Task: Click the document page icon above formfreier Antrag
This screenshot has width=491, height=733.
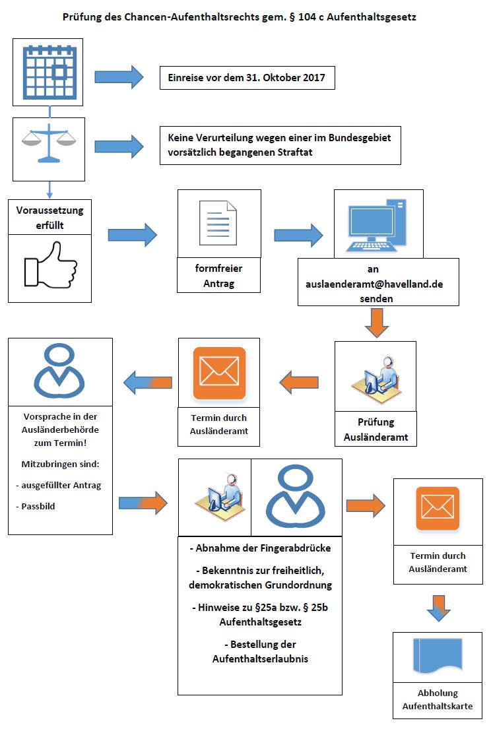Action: point(218,223)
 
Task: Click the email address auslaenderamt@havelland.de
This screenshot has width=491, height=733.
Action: point(374,284)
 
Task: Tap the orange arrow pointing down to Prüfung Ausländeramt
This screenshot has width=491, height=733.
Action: point(376,323)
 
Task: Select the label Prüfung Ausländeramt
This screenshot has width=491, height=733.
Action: point(376,429)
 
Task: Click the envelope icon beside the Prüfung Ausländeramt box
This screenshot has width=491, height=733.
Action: point(219,373)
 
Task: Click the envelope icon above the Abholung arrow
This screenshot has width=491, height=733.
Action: point(438,509)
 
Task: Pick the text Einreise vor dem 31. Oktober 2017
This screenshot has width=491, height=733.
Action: point(246,78)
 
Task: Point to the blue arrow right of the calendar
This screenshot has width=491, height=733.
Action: point(119,77)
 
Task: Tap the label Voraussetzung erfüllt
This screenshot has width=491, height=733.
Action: point(49,217)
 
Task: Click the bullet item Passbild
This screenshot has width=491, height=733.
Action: point(36,506)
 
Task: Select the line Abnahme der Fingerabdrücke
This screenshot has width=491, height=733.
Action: point(260,548)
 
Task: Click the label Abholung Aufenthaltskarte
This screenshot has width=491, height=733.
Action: point(438,699)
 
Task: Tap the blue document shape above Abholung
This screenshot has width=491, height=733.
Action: point(438,656)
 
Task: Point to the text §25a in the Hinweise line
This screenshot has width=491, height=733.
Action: point(266,607)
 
